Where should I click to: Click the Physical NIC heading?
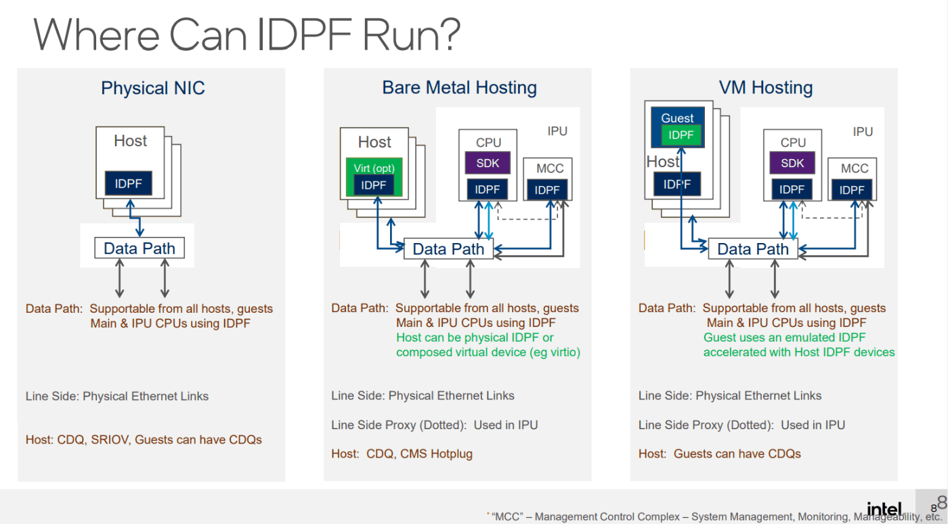[152, 88]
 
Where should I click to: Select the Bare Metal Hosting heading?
[459, 87]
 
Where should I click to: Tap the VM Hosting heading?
[766, 87]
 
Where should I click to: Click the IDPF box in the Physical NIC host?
[129, 183]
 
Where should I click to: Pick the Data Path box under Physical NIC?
[139, 248]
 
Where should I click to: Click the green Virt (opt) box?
[374, 169]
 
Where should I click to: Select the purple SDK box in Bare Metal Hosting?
[487, 163]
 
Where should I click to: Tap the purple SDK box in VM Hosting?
[792, 163]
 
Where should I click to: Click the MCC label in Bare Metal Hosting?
[550, 169]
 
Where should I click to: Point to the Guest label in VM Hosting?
[677, 118]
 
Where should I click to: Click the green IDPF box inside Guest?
[681, 135]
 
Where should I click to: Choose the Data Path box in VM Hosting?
[753, 249]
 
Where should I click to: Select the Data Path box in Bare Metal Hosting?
[448, 249]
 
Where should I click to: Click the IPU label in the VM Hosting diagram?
[863, 131]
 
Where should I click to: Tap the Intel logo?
[884, 509]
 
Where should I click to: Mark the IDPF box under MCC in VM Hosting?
[852, 190]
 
